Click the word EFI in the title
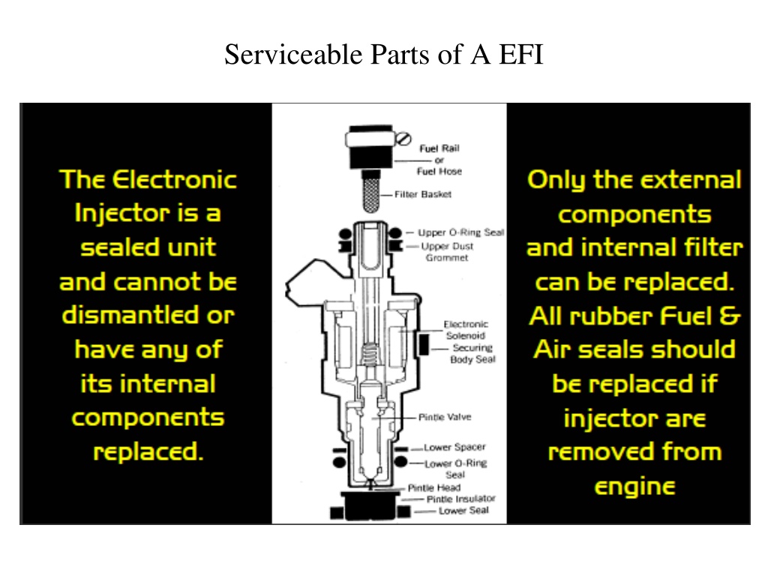coord(521,54)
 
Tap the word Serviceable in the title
coord(294,54)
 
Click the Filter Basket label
coord(423,194)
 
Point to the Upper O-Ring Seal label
coord(460,232)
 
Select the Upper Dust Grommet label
coord(447,252)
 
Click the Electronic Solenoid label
coord(465,330)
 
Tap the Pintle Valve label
coord(445,417)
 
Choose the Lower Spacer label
coord(454,447)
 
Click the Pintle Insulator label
coord(461,499)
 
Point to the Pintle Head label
coord(434,487)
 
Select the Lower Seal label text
coord(463,510)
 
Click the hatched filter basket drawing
coord(371,194)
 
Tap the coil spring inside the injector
coord(370,354)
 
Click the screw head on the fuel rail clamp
coord(403,139)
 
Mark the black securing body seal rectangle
coord(424,344)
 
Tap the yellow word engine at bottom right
coord(634,487)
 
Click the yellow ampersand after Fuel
coord(730,316)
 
